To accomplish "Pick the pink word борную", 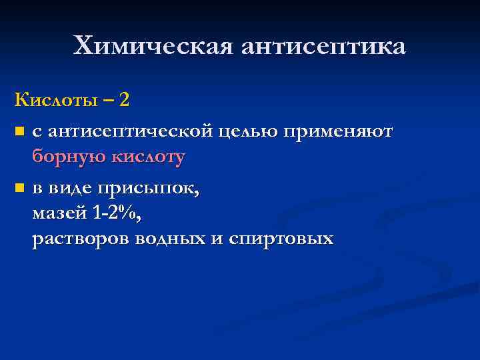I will click(x=63, y=157).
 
